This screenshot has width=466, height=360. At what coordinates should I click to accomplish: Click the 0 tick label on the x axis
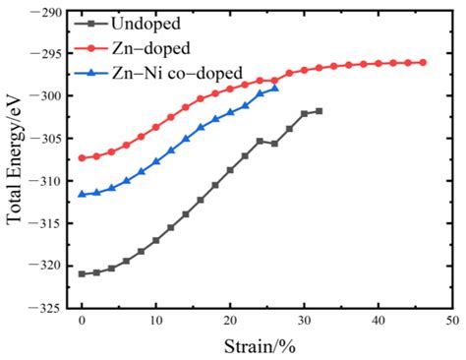[82, 322]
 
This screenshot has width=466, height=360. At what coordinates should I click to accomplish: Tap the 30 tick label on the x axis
[304, 322]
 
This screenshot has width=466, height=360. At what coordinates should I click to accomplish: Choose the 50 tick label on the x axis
[451, 322]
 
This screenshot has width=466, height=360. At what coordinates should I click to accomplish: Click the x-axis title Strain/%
[266, 345]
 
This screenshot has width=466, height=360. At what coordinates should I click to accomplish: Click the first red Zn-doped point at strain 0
[82, 157]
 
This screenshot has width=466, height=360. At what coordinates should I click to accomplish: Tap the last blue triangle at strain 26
[274, 88]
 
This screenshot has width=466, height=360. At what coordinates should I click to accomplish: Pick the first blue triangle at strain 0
[82, 194]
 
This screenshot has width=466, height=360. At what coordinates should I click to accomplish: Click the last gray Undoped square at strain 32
[319, 111]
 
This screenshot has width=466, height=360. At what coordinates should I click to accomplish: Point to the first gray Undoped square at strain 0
[82, 273]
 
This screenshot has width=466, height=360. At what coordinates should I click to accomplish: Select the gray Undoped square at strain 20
[230, 169]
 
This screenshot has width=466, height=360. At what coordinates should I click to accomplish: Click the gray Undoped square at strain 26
[274, 144]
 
